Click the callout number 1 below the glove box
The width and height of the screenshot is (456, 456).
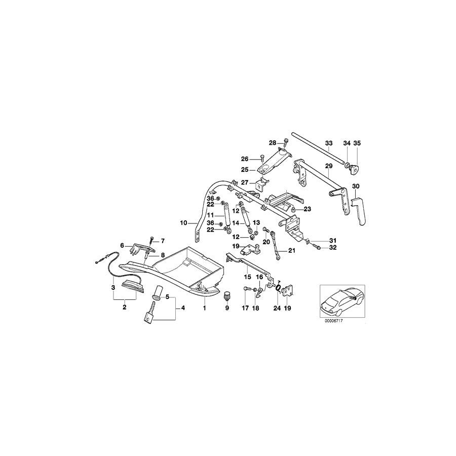pos(204,308)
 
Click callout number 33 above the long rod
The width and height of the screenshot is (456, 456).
pos(328,143)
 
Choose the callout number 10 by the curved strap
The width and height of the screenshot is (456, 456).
pos(183,222)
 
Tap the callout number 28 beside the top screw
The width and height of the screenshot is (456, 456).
pos(272,143)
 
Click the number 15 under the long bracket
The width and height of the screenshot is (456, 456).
pos(248,277)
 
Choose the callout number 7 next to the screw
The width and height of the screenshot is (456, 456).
pos(163,241)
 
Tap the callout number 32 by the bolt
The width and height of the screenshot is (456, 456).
pos(332,248)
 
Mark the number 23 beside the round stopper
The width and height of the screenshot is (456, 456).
pos(308,209)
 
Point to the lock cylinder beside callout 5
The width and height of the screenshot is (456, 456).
pos(157,292)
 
